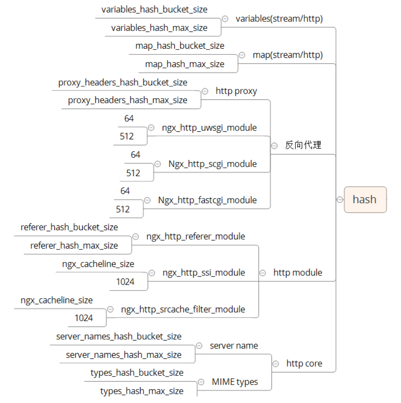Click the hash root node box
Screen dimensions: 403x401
(365, 200)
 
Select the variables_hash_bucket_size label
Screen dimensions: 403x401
(154, 9)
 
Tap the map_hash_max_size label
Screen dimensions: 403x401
(184, 64)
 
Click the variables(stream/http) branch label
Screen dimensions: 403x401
(279, 19)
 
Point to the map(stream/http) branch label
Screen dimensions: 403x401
(287, 55)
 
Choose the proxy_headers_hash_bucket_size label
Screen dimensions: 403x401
(123, 82)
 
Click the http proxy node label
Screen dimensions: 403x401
(236, 91)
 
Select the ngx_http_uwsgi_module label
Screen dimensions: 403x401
(209, 128)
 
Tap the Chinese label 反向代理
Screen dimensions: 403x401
(303, 145)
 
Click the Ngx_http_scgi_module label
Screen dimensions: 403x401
(212, 164)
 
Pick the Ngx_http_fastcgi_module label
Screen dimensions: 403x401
(207, 200)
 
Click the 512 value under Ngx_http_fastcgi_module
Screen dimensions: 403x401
(123, 209)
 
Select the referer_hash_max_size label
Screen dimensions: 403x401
(74, 245)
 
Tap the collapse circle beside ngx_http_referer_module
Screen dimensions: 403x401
(136, 237)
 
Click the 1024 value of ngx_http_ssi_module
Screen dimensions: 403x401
(125, 282)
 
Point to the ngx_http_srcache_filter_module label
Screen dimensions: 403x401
(183, 309)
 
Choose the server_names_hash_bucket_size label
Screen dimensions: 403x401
(118, 336)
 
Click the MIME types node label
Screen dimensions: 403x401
(235, 382)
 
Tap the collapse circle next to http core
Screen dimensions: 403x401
(276, 364)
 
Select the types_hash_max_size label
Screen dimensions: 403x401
(141, 391)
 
